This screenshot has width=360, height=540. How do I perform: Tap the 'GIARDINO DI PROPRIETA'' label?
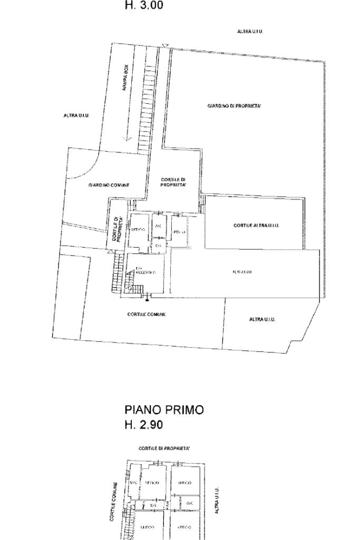pyautogui.click(x=235, y=106)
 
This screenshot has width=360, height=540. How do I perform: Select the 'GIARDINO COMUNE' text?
pyautogui.click(x=109, y=185)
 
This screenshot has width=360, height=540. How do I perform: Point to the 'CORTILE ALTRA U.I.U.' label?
pyautogui.click(x=256, y=225)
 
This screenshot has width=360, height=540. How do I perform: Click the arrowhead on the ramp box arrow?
pyautogui.click(x=127, y=139)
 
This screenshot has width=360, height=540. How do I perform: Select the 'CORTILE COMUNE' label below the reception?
pyautogui.click(x=147, y=314)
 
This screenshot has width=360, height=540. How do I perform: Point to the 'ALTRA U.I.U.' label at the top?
pyautogui.click(x=250, y=32)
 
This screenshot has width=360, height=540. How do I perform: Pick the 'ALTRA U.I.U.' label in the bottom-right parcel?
pyautogui.click(x=262, y=319)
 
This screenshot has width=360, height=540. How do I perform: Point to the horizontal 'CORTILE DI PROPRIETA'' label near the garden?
pyautogui.click(x=173, y=182)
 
